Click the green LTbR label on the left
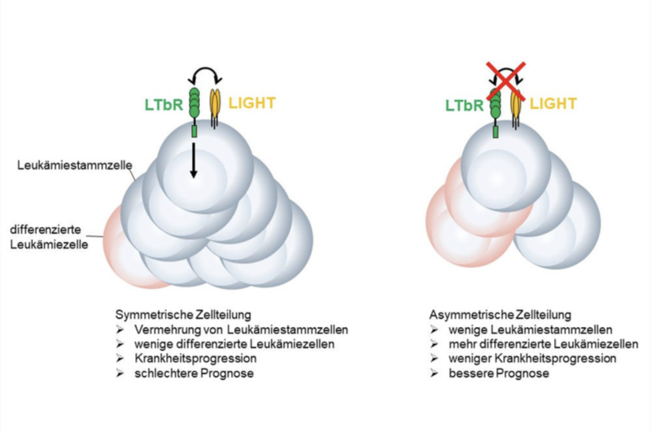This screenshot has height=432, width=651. pyautogui.click(x=164, y=105)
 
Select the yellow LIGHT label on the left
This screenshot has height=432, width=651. pyautogui.click(x=252, y=103)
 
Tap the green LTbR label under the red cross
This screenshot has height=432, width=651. pyautogui.click(x=465, y=106)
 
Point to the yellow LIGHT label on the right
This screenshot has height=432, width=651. pyautogui.click(x=553, y=103)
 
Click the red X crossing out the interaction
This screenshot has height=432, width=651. pyautogui.click(x=505, y=81)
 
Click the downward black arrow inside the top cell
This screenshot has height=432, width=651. pyautogui.click(x=193, y=160)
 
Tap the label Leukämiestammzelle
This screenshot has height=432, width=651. pyautogui.click(x=75, y=165)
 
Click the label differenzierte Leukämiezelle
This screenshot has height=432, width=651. pyautogui.click(x=49, y=237)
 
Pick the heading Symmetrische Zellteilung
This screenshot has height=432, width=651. pyautogui.click(x=183, y=314)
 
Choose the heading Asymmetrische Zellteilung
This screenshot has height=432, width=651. pyautogui.click(x=500, y=315)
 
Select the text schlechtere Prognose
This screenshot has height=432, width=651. pyautogui.click(x=194, y=373)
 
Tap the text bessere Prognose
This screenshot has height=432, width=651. pyautogui.click(x=499, y=373)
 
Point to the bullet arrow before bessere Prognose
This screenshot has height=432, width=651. pyautogui.click(x=435, y=373)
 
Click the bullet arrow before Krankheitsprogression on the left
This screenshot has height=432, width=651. pyautogui.click(x=120, y=359)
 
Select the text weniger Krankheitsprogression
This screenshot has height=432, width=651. pyautogui.click(x=532, y=359)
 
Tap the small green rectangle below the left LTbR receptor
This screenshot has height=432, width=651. pyautogui.click(x=194, y=132)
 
